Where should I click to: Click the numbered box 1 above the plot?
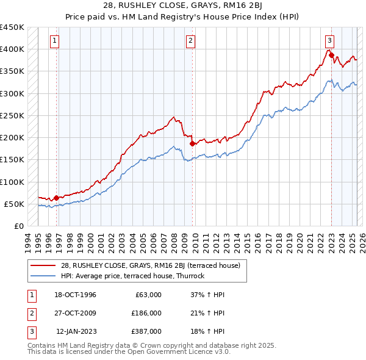(x=54, y=41)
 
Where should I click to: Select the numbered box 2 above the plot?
(x=190, y=41)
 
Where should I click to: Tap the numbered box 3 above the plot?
(x=329, y=41)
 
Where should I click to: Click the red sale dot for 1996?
(x=57, y=198)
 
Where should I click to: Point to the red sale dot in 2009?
(x=192, y=143)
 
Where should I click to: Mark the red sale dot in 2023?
(x=332, y=55)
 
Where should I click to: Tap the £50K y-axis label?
(x=15, y=204)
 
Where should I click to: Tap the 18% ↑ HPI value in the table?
(x=207, y=331)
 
